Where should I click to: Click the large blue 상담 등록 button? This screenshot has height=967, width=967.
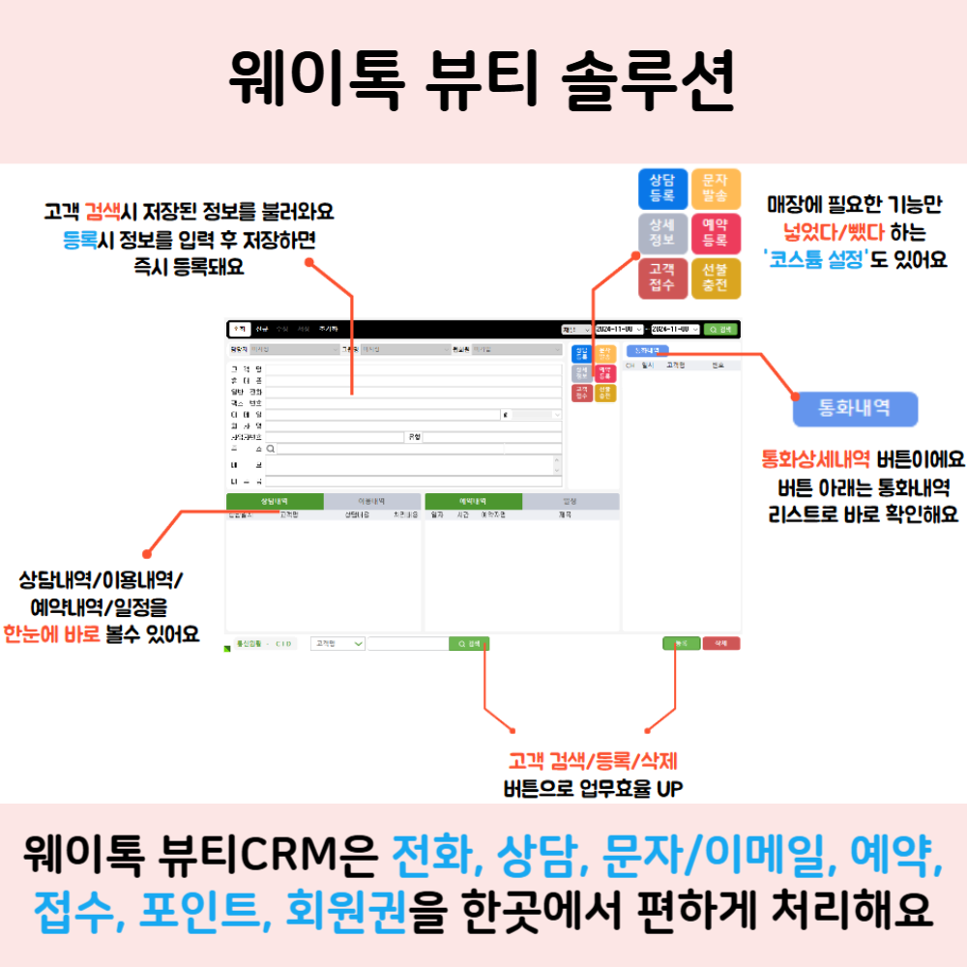662,190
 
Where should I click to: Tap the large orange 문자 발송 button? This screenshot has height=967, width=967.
716,190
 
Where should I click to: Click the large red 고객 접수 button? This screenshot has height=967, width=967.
662,278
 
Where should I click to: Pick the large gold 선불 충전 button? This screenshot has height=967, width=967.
716,278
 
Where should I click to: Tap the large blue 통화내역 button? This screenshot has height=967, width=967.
855,410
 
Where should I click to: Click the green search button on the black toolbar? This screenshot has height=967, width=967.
721,329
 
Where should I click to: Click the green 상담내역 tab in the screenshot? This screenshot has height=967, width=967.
275,502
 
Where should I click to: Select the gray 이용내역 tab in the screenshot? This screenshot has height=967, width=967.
372,502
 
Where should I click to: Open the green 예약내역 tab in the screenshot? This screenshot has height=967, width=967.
473,502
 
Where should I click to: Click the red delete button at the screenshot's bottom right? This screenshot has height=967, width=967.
720,643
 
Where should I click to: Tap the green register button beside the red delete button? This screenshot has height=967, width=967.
681,643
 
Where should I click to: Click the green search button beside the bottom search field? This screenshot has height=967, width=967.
469,643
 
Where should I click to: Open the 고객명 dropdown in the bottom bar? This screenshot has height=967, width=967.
337,643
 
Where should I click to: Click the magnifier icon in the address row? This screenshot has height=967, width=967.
271,449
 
